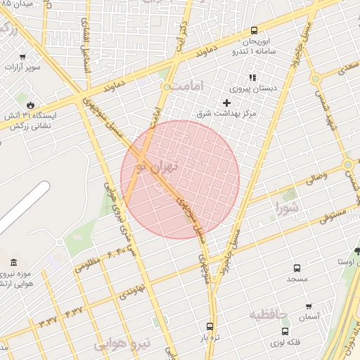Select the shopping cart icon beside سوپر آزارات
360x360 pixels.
tap(23, 57)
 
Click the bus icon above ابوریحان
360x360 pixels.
tap(254, 30)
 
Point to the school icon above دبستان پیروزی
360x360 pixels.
tap(252, 77)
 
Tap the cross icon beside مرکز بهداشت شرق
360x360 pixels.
tap(226, 103)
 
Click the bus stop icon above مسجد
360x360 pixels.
tap(297, 268)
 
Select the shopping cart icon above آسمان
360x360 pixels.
tap(309, 307)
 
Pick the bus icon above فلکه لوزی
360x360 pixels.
tap(285, 330)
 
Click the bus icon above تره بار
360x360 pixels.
tap(209, 326)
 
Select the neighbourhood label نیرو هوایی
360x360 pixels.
tap(123, 344)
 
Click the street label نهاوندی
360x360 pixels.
tap(132, 290)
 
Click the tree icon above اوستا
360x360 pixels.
tap(358, 251)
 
